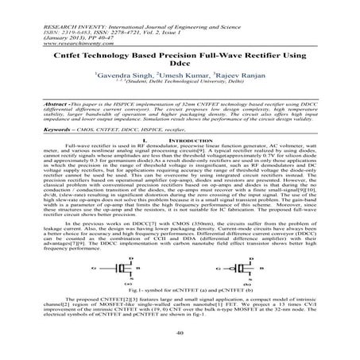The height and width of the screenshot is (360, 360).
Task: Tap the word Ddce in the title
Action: [180, 65]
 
